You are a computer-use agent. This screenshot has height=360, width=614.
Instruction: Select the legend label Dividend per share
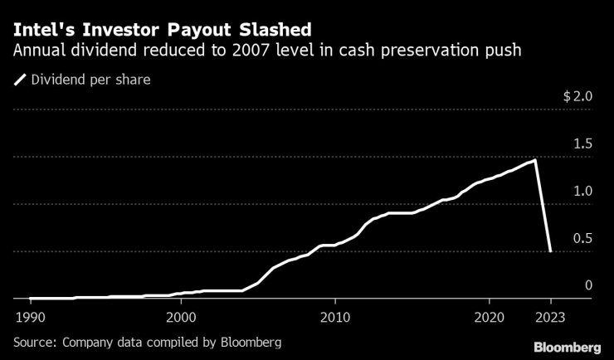90,80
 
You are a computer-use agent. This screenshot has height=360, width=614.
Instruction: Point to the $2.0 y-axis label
577,96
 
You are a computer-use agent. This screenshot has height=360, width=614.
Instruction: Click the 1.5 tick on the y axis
582,144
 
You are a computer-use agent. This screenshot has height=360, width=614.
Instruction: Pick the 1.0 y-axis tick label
582,191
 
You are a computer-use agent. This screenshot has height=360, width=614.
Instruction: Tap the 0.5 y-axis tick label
582,238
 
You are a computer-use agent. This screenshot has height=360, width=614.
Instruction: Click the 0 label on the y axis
589,285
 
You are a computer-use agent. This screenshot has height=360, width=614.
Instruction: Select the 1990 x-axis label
29,317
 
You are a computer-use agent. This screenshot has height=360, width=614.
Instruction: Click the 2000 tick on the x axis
182,317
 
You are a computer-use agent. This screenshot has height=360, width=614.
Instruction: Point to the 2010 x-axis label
334,317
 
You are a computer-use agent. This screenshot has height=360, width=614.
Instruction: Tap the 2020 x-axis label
488,317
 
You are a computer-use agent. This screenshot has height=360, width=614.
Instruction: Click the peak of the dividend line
534,160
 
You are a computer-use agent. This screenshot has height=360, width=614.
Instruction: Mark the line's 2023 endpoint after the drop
550,251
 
